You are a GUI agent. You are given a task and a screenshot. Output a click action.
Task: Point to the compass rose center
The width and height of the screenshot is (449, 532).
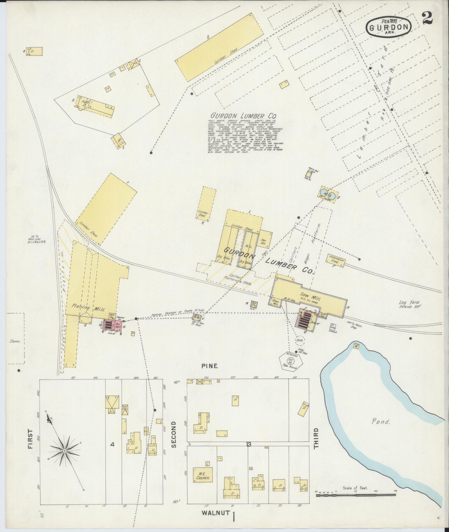[64, 450]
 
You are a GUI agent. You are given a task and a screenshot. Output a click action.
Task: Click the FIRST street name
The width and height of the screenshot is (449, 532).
[30, 447]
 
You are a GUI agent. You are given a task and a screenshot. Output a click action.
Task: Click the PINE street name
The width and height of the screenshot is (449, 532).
[209, 366]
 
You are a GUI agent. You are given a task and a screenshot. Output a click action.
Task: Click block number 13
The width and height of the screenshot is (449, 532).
[249, 445]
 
